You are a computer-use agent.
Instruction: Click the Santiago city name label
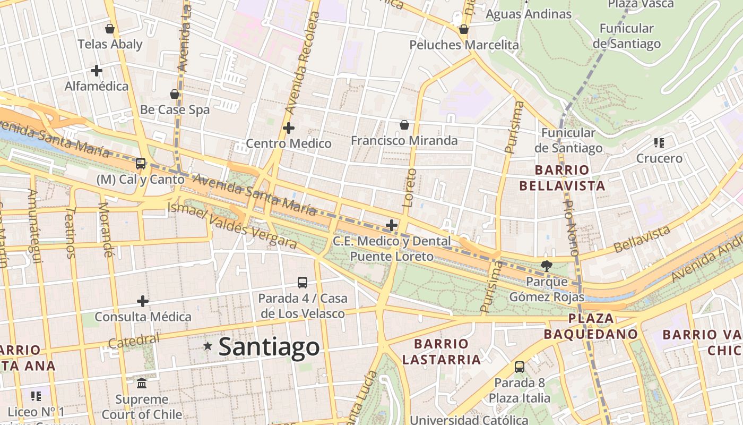click(x=269, y=347)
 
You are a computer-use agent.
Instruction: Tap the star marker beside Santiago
click(x=208, y=346)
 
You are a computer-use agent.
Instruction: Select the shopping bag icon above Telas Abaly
click(x=110, y=29)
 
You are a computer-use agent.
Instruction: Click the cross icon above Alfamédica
click(x=96, y=70)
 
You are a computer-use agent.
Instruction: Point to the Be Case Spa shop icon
click(x=174, y=94)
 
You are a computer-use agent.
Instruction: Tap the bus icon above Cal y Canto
click(x=141, y=164)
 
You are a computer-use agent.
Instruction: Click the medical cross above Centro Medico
click(x=288, y=128)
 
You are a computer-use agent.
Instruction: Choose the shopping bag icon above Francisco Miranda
click(x=404, y=125)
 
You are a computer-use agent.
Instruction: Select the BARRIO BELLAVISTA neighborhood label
click(x=562, y=178)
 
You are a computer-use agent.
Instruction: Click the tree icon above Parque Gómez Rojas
click(x=546, y=266)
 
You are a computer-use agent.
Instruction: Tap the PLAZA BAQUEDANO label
click(x=591, y=326)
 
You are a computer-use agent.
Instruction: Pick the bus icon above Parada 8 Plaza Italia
click(x=519, y=367)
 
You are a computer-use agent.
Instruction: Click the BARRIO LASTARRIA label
click(x=441, y=352)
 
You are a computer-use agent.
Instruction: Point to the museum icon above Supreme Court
click(x=142, y=383)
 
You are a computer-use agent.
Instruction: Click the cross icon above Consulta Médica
click(x=142, y=301)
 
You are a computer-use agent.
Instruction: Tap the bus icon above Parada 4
click(x=303, y=283)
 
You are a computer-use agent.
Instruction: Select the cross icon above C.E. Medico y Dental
click(x=391, y=225)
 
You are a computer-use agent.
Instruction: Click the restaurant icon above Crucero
click(x=659, y=142)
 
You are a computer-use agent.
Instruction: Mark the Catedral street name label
click(x=133, y=341)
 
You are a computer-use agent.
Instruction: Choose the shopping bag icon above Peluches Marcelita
click(x=463, y=29)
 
